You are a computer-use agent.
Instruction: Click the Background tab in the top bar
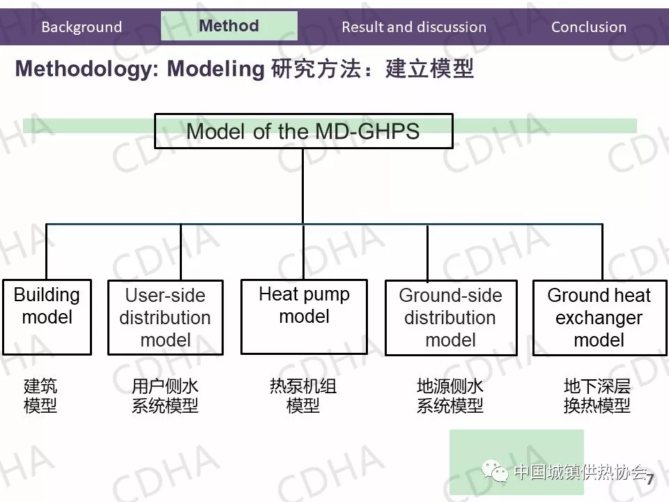click(82, 27)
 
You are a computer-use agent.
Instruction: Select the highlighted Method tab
click(229, 26)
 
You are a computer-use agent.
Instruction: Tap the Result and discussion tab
click(414, 27)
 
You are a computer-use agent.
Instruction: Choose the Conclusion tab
click(589, 27)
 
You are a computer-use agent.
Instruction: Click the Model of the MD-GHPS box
click(303, 131)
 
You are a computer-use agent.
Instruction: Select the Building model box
click(47, 317)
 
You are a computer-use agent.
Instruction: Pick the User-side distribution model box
click(165, 317)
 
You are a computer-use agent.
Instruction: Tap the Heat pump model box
click(304, 317)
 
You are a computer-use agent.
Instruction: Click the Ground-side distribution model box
click(450, 317)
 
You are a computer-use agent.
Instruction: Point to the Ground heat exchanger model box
click(599, 317)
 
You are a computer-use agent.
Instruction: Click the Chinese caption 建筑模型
click(40, 396)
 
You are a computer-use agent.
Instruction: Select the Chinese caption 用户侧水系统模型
click(165, 396)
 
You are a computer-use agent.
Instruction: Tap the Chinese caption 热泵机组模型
click(303, 396)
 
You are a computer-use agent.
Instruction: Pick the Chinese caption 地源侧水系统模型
click(450, 396)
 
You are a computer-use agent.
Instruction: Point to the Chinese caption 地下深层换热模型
click(597, 396)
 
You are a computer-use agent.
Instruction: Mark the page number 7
click(650, 480)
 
